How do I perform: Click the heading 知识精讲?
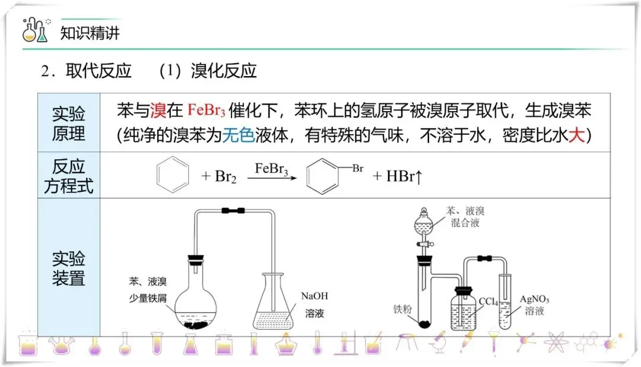[x=90, y=32]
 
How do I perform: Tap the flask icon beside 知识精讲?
[x=35, y=31]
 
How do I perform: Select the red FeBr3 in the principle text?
[x=206, y=110]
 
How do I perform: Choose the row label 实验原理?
[x=69, y=124]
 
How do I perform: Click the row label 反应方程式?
[x=69, y=176]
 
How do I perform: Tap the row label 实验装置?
[x=69, y=268]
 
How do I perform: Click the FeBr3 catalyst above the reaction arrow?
[x=271, y=168]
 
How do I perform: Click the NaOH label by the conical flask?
[x=315, y=296]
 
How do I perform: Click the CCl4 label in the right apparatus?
[x=488, y=301]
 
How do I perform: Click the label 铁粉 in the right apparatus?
[x=402, y=309]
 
